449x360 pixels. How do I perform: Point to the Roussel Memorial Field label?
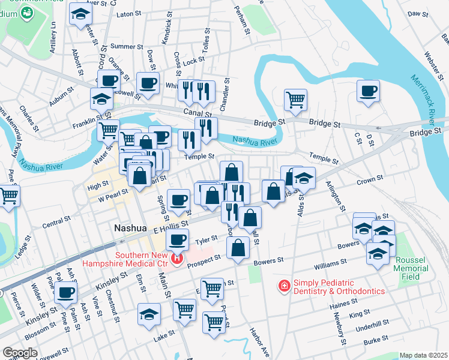pos(412,265)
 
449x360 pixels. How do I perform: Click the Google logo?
pos(20,353)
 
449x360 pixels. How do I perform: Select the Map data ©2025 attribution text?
pos(423,355)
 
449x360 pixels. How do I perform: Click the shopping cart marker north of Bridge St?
pos(295,100)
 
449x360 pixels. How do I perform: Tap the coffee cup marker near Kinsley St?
pos(66,292)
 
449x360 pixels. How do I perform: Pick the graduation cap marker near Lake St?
pos(149,314)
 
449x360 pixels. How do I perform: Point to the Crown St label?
pos(370,179)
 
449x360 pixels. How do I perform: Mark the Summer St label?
pos(122,46)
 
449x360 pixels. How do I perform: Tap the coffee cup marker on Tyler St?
pos(176,241)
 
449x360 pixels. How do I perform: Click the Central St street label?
pos(56,223)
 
